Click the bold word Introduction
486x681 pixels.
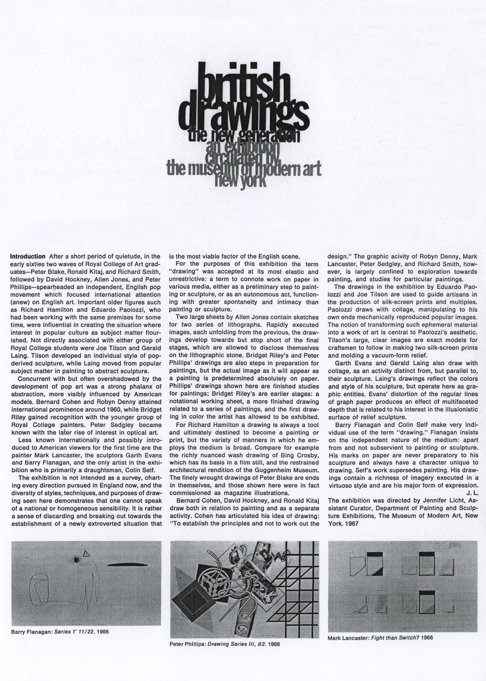[x=28, y=257]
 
